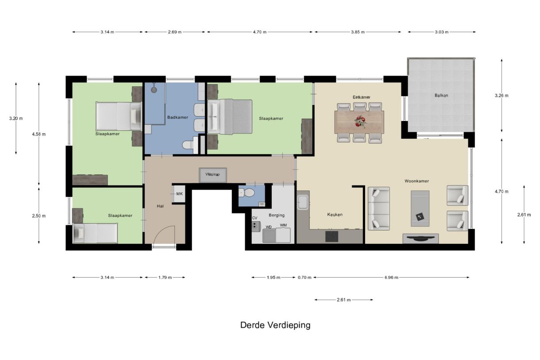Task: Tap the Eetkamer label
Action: point(361,97)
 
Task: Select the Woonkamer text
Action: point(417,181)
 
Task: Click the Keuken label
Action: point(335,214)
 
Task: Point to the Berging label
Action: point(277,215)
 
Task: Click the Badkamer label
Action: point(177,117)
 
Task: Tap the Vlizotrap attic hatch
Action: point(212,174)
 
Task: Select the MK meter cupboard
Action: point(179,194)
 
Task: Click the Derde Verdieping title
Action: point(275,325)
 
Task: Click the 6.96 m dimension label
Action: point(391,278)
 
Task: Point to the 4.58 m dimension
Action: point(39,134)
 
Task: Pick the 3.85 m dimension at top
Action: point(358,32)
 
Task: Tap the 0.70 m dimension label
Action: point(304,278)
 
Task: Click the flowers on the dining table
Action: point(360,121)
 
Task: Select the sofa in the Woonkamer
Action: point(378,209)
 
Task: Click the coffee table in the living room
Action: point(420,208)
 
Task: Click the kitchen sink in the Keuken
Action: point(303,203)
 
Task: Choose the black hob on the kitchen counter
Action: point(332,236)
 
